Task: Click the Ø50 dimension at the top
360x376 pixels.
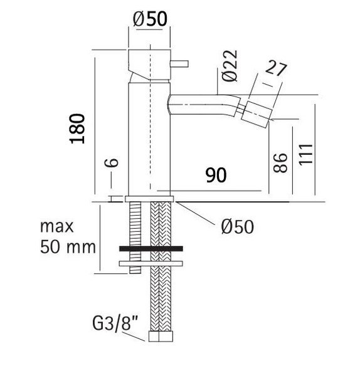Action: pos(150,19)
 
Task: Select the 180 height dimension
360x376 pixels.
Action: pos(77,128)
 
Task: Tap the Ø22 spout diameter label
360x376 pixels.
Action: pos(230,65)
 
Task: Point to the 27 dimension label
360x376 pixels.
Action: pos(276,68)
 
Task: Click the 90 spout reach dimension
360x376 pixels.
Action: pos(216,175)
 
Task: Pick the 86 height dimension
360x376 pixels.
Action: pos(280,162)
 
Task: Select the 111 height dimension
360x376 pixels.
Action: pos(306,154)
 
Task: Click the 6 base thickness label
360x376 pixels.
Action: pos(112,162)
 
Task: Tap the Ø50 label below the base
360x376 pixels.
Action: pos(237,226)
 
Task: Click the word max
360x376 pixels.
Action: pos(57,226)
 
